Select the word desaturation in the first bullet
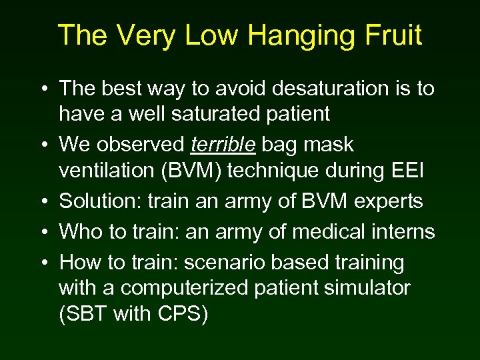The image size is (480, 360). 323,88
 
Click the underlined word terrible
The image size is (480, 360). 223,145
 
